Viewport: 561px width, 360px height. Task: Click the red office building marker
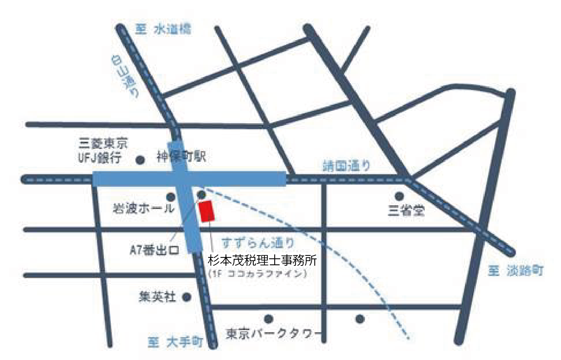click(x=207, y=211)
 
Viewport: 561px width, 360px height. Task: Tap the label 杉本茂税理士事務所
click(x=262, y=260)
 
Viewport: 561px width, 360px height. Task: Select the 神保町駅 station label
click(x=181, y=157)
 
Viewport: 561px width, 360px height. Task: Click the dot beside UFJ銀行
click(x=140, y=160)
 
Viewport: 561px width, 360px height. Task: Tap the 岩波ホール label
click(x=143, y=208)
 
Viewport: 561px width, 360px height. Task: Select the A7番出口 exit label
click(x=154, y=250)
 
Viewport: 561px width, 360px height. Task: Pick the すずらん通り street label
click(x=258, y=243)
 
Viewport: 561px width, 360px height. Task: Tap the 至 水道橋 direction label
click(x=163, y=29)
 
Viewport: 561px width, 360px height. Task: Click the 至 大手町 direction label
click(x=175, y=342)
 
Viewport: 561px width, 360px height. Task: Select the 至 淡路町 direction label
click(x=516, y=271)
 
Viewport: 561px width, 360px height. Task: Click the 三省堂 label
click(x=406, y=210)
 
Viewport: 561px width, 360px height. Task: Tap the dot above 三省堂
click(x=399, y=195)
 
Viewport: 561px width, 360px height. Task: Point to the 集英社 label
click(x=157, y=297)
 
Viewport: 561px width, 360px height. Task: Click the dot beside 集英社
click(x=187, y=297)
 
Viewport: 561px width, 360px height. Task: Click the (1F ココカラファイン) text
click(x=257, y=274)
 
